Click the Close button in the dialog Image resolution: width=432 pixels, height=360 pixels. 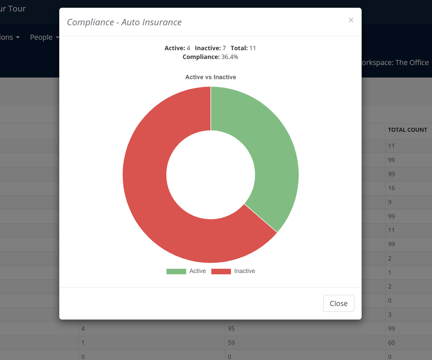[x=338, y=303]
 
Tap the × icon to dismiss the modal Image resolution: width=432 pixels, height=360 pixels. [x=351, y=20]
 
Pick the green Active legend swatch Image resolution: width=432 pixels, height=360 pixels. [x=176, y=271]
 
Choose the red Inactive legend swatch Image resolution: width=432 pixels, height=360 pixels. [x=221, y=271]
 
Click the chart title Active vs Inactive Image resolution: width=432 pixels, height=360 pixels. [x=210, y=77]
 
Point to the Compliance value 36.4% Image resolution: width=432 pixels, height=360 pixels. [x=230, y=57]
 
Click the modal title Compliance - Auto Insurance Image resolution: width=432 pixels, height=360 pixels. [x=124, y=22]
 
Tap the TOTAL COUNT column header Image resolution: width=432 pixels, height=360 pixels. [x=407, y=130]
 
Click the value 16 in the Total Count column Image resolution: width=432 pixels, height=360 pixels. [x=391, y=188]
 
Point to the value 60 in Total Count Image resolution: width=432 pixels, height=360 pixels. [x=391, y=343]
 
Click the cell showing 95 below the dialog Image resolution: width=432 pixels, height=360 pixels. [x=231, y=329]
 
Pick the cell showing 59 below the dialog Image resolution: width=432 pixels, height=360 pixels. [x=231, y=343]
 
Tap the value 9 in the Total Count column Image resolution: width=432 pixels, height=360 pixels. [x=390, y=202]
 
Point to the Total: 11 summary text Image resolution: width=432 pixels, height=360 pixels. [x=243, y=48]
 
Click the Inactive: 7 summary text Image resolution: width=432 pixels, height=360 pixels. [x=210, y=48]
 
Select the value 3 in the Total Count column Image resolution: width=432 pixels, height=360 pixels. [x=390, y=315]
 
